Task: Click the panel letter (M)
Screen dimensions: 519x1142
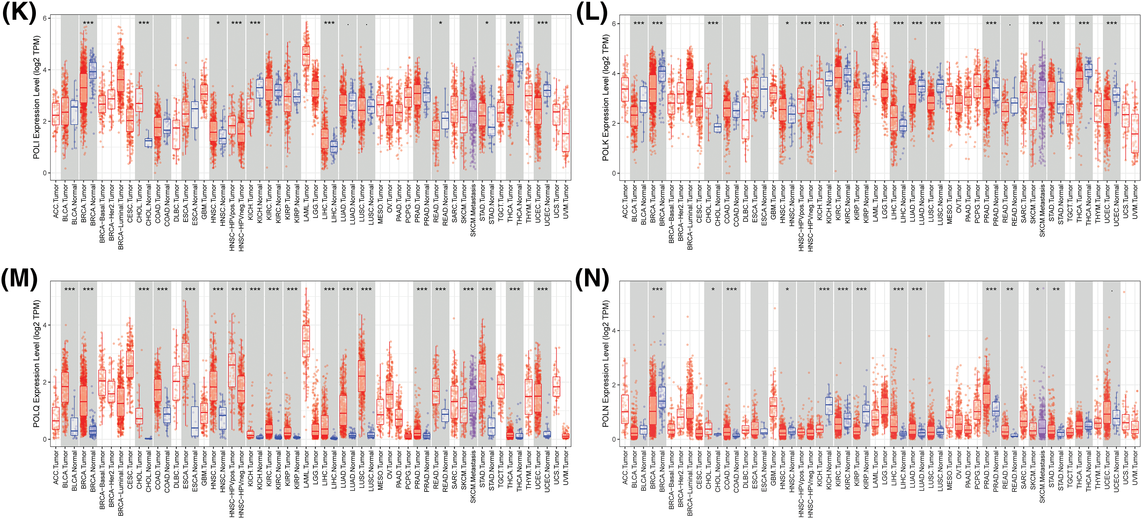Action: coord(19,279)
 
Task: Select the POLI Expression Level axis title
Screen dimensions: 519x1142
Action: coord(36,97)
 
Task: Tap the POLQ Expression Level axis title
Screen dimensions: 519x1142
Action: coord(36,364)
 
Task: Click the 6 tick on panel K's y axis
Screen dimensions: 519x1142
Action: coord(45,18)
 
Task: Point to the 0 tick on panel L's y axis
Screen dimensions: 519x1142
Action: coord(614,173)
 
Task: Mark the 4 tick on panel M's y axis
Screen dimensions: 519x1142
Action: coord(45,325)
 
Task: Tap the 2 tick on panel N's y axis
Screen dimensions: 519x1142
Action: coord(614,385)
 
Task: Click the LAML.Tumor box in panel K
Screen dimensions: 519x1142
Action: coord(306,56)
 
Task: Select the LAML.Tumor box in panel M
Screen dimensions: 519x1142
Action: coord(306,341)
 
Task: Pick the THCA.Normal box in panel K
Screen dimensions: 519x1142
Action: coord(519,62)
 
